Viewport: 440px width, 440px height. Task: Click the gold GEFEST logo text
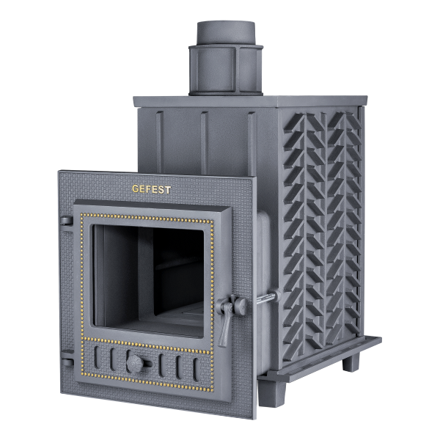151,189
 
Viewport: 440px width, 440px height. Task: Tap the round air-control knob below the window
135,364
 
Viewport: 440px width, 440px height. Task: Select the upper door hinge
66,221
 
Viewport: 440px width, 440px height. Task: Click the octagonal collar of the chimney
226,70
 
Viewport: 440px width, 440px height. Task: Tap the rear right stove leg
351,362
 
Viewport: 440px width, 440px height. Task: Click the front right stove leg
271,393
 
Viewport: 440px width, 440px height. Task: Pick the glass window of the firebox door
149,280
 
